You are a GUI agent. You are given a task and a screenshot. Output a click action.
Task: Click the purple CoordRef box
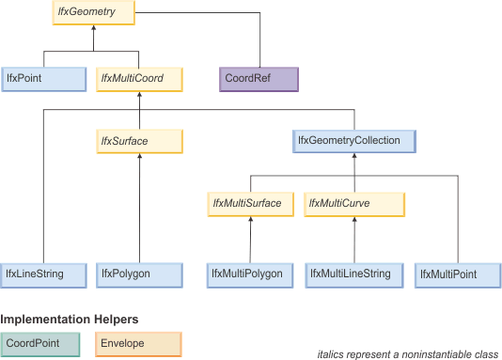tap(259, 78)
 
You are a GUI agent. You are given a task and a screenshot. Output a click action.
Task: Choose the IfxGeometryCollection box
tap(353, 141)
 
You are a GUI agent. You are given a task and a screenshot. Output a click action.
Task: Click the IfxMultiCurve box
tap(354, 204)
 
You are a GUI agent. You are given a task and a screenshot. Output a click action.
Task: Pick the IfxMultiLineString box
tap(354, 274)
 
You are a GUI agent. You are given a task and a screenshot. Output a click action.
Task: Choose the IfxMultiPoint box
tap(454, 274)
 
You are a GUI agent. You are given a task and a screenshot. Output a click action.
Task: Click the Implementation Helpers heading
tap(55, 320)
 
